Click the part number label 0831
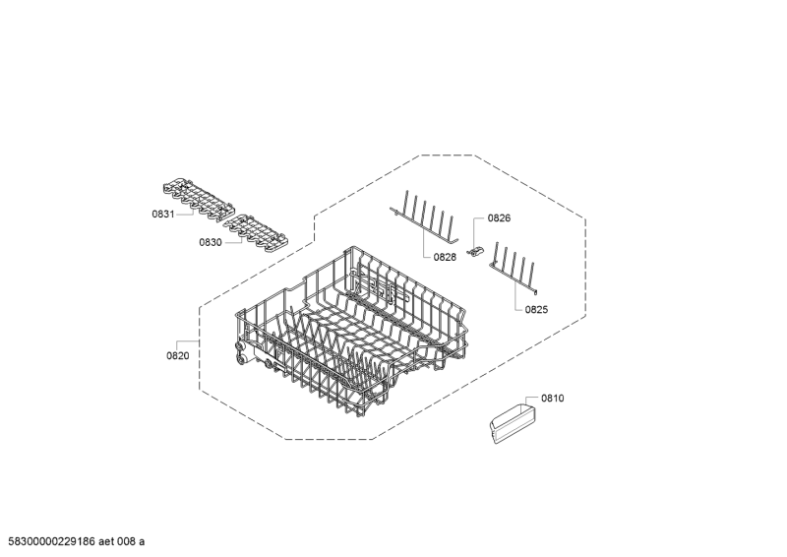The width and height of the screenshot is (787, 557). coord(163,215)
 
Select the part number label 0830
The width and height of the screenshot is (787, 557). coord(211,243)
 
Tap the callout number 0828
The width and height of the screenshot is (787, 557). coord(446,257)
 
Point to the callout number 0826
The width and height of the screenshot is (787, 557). coord(500,218)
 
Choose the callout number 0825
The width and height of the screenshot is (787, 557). coord(536,309)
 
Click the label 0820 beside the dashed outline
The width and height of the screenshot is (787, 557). coord(178,356)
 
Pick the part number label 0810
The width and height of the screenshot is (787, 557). coord(553,399)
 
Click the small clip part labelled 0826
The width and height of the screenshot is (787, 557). coord(475,251)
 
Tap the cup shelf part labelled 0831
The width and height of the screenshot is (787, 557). coord(199,200)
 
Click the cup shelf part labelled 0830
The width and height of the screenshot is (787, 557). coord(256,232)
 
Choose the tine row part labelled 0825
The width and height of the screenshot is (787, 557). coord(515,268)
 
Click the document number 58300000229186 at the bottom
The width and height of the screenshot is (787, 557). coord(52,541)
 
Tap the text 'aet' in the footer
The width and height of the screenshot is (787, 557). coord(106,541)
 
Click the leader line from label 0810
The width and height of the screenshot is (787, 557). coord(532,400)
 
